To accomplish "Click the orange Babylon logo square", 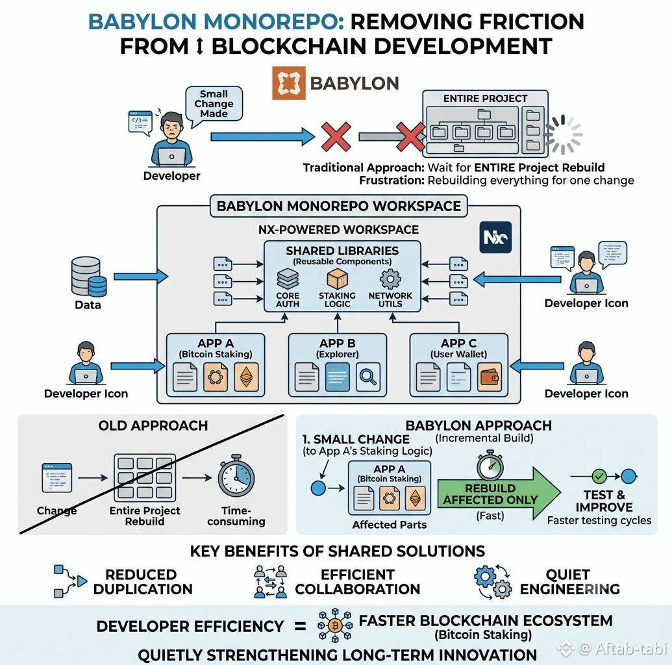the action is pyautogui.click(x=289, y=82).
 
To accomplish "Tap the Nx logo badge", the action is pyautogui.click(x=495, y=237).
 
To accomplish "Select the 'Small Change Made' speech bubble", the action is pyautogui.click(x=214, y=105).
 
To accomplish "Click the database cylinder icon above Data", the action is pyautogui.click(x=89, y=277).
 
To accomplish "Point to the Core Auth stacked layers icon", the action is pyautogui.click(x=288, y=279).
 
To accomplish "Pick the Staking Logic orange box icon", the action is pyautogui.click(x=337, y=279).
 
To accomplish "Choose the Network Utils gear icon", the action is pyautogui.click(x=390, y=279).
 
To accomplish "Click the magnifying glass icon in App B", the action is pyautogui.click(x=367, y=377).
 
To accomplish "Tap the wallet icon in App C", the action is pyautogui.click(x=489, y=377).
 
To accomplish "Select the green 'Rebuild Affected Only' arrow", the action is pyautogui.click(x=499, y=494).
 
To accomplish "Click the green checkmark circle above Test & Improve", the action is pyautogui.click(x=599, y=476).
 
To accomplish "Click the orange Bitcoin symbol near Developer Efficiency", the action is pyautogui.click(x=335, y=625).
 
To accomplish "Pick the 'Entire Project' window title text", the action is pyautogui.click(x=485, y=99).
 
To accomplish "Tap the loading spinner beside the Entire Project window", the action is pyautogui.click(x=563, y=134).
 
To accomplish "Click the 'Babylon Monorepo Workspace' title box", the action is pyautogui.click(x=338, y=206).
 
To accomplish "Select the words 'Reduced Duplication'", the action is pyautogui.click(x=143, y=582).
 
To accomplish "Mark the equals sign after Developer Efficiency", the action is pyautogui.click(x=301, y=627).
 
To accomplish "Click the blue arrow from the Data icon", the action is pyautogui.click(x=141, y=277).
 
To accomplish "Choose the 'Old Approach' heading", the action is pyautogui.click(x=153, y=425).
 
